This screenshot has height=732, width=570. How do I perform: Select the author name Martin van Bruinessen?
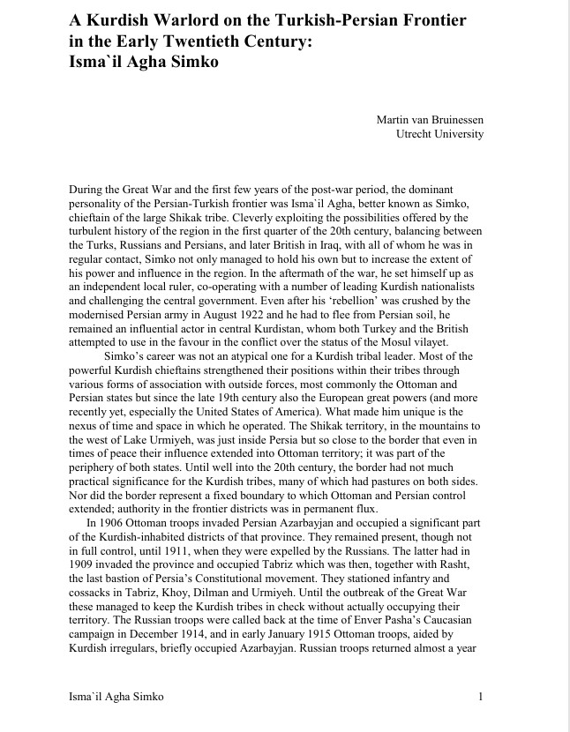[430, 119]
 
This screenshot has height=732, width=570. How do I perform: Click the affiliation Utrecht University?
[441, 133]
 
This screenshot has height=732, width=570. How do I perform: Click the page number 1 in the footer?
[481, 698]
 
